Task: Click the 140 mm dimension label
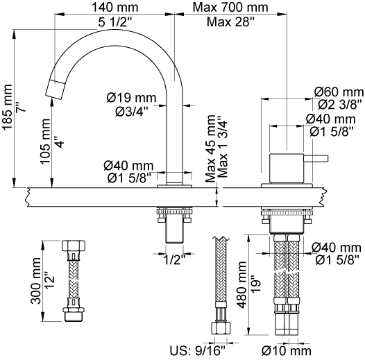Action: click(115, 7)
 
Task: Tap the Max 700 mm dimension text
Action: click(230, 7)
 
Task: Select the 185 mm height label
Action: click(8, 107)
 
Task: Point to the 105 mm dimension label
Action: click(45, 142)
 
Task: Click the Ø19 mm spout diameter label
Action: click(131, 98)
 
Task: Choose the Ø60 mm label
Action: click(339, 92)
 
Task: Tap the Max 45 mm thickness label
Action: click(210, 148)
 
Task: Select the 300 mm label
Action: click(36, 281)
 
